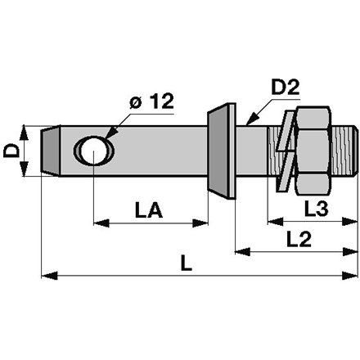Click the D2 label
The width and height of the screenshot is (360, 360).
tap(286, 88)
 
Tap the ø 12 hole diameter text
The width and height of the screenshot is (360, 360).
tap(151, 101)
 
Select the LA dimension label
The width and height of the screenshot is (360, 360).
tap(149, 210)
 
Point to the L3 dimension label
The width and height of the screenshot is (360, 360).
tap(316, 209)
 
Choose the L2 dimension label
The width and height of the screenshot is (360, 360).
tap(299, 239)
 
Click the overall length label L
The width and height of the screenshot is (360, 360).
tap(187, 263)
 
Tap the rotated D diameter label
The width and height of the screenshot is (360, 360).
tap(11, 151)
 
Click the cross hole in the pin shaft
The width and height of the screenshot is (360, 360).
tap(94, 151)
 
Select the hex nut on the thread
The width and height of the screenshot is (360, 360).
tap(313, 151)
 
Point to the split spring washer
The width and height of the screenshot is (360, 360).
tap(286, 151)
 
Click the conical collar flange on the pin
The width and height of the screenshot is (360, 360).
tap(222, 151)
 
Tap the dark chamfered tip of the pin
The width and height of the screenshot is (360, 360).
tap(50, 151)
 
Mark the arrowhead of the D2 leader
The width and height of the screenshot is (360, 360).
tap(252, 119)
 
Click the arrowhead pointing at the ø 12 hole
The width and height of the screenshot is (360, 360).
tap(110, 132)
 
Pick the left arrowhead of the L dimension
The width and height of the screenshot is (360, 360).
tap(49, 276)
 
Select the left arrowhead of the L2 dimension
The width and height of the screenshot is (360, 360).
tap(242, 251)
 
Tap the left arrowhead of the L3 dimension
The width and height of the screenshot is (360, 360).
tap(276, 222)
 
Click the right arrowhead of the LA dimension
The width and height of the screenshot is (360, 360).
tap(200, 223)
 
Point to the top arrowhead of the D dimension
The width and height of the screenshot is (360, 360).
tap(24, 133)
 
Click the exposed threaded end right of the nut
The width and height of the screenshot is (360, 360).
tap(345, 151)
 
